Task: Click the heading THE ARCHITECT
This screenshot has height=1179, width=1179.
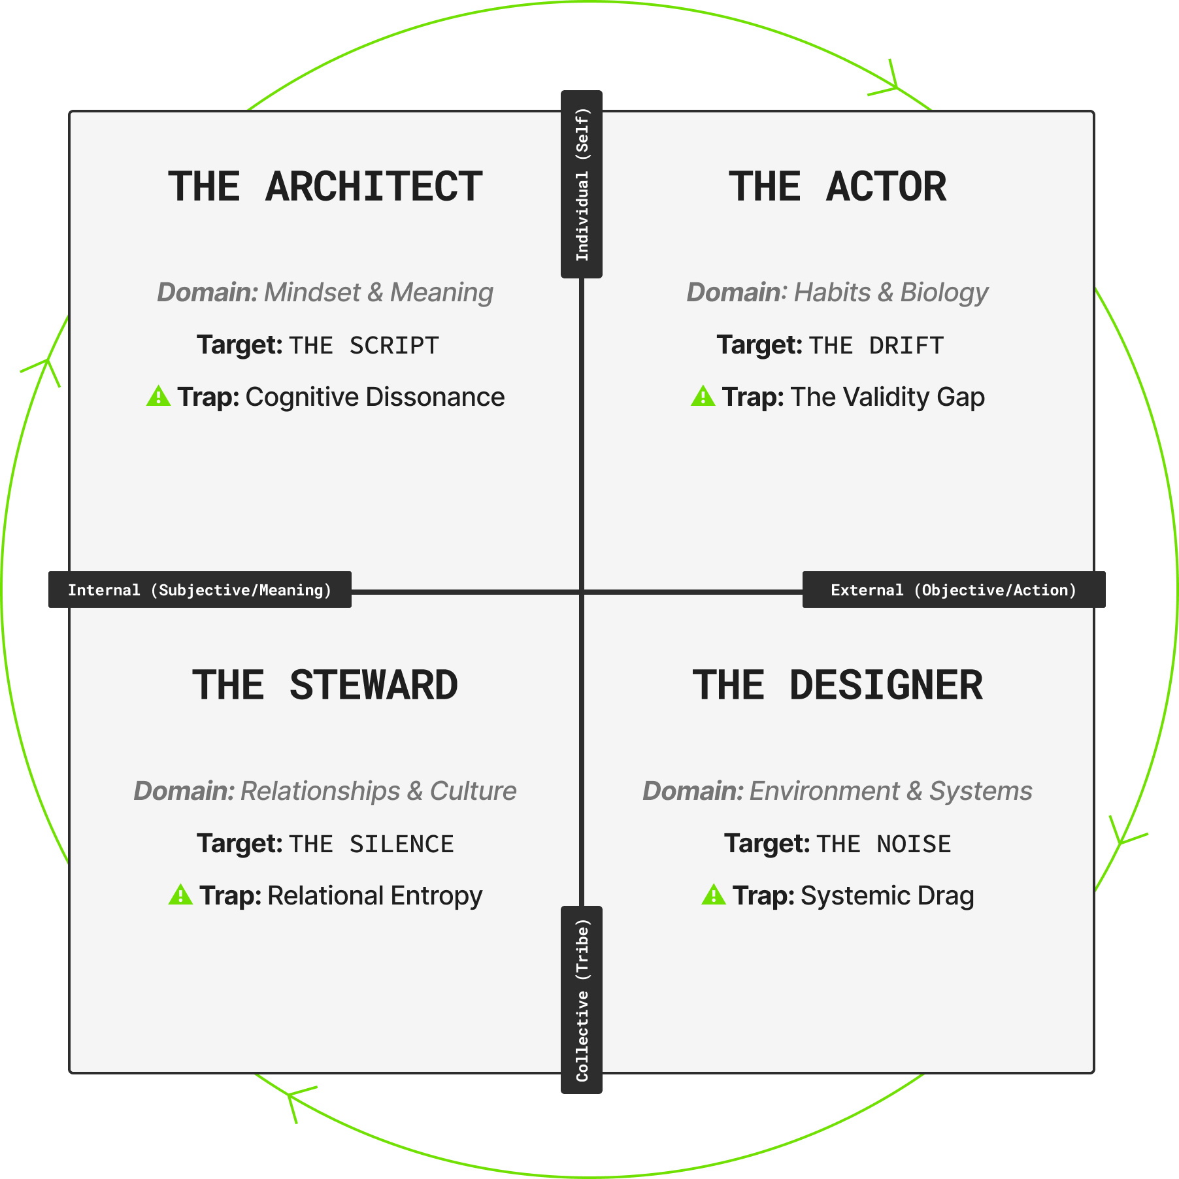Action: point(325,187)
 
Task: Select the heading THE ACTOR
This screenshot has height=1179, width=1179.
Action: point(837,187)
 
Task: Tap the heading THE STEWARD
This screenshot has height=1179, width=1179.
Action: point(325,686)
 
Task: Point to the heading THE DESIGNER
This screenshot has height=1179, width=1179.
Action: point(837,686)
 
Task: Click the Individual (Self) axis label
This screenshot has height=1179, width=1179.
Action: point(582,184)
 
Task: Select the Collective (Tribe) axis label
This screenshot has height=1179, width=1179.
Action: point(582,1000)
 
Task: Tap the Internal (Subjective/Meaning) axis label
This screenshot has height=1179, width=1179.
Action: point(200,590)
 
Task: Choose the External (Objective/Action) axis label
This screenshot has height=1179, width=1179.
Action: point(954,590)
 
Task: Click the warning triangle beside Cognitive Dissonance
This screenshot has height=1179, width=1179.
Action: point(158,396)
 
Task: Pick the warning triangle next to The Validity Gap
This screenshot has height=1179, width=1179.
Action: point(703,396)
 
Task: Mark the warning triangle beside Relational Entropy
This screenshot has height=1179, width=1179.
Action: point(180,895)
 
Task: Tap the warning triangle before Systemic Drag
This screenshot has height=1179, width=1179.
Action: point(714,895)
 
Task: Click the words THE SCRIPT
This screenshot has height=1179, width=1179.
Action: point(364,346)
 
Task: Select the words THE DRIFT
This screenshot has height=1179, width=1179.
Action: point(876,346)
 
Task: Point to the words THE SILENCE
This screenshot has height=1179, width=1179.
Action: point(371,844)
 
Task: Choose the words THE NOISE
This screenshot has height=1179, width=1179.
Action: point(884,844)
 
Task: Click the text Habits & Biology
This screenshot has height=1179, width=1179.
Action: point(891,292)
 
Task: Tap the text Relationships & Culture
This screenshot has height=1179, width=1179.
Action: point(378,791)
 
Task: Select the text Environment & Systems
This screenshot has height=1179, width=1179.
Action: point(891,791)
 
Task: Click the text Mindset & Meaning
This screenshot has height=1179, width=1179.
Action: point(378,292)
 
